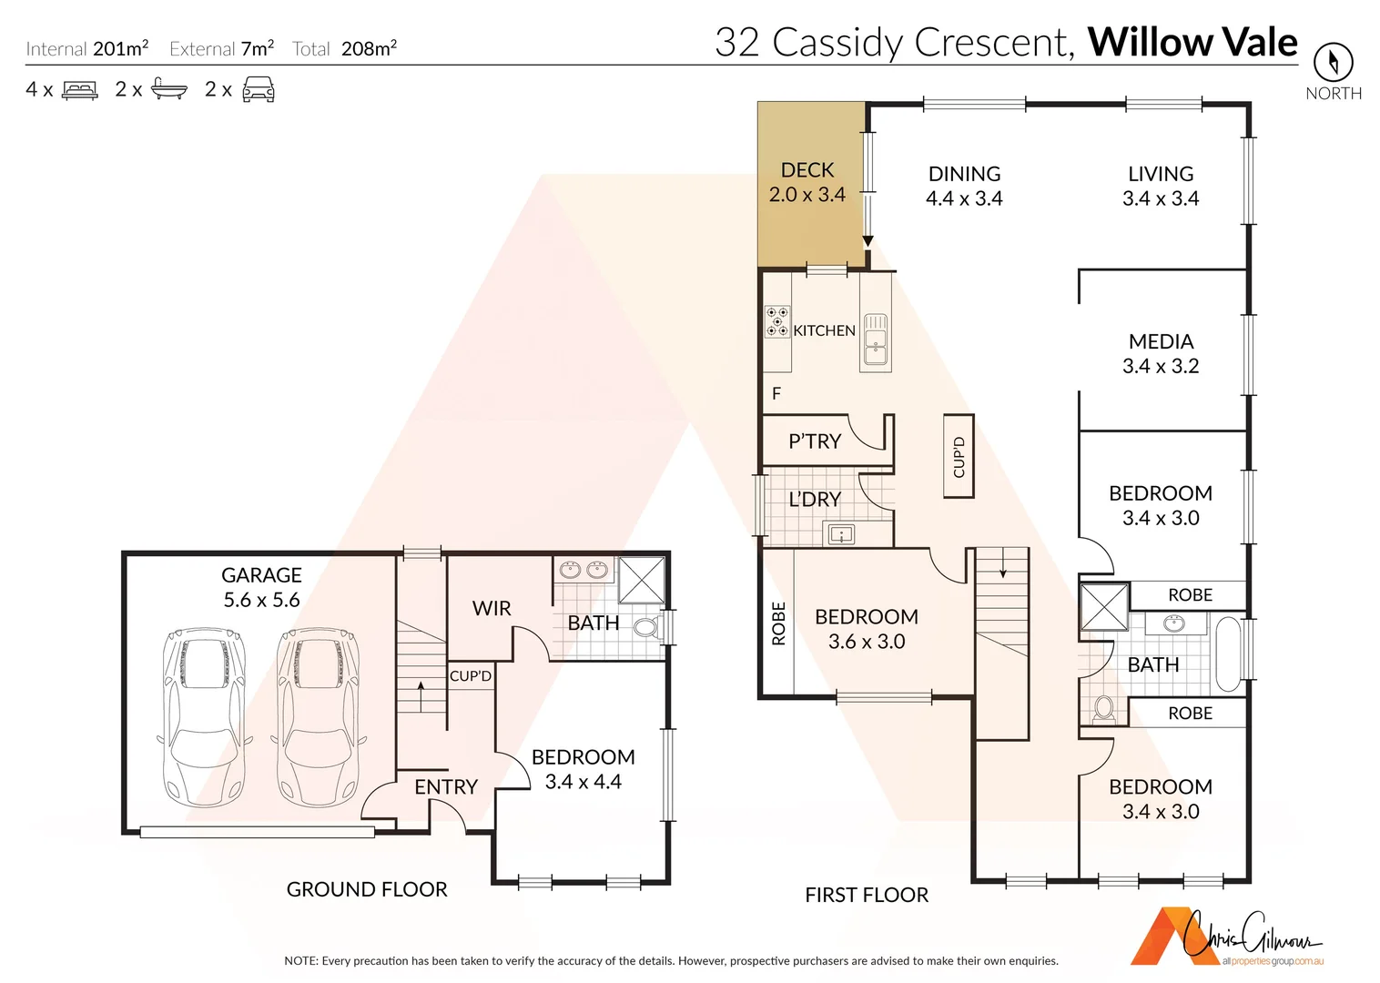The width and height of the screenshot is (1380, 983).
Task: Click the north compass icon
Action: [x=1333, y=62]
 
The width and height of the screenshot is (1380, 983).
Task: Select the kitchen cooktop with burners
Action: [x=776, y=321]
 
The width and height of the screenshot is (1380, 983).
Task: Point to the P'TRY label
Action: [x=815, y=441]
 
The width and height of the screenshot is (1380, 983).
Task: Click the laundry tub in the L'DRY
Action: [x=838, y=534]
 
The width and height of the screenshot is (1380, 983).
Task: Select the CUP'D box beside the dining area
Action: [x=959, y=456]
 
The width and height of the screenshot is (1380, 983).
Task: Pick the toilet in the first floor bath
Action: [x=1104, y=707]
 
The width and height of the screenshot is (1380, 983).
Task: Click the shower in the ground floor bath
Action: [x=642, y=580]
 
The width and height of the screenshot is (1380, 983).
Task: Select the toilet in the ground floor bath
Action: [x=647, y=627]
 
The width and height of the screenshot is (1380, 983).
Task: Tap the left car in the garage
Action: [x=204, y=716]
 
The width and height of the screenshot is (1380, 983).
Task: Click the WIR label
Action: [x=492, y=608]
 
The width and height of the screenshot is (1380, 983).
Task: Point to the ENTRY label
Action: [x=446, y=786]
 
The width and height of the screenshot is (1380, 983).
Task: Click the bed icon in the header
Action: [x=79, y=90]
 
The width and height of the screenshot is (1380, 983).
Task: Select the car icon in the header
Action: [x=259, y=89]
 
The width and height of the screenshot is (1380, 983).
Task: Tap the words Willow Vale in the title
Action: [x=1192, y=42]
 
